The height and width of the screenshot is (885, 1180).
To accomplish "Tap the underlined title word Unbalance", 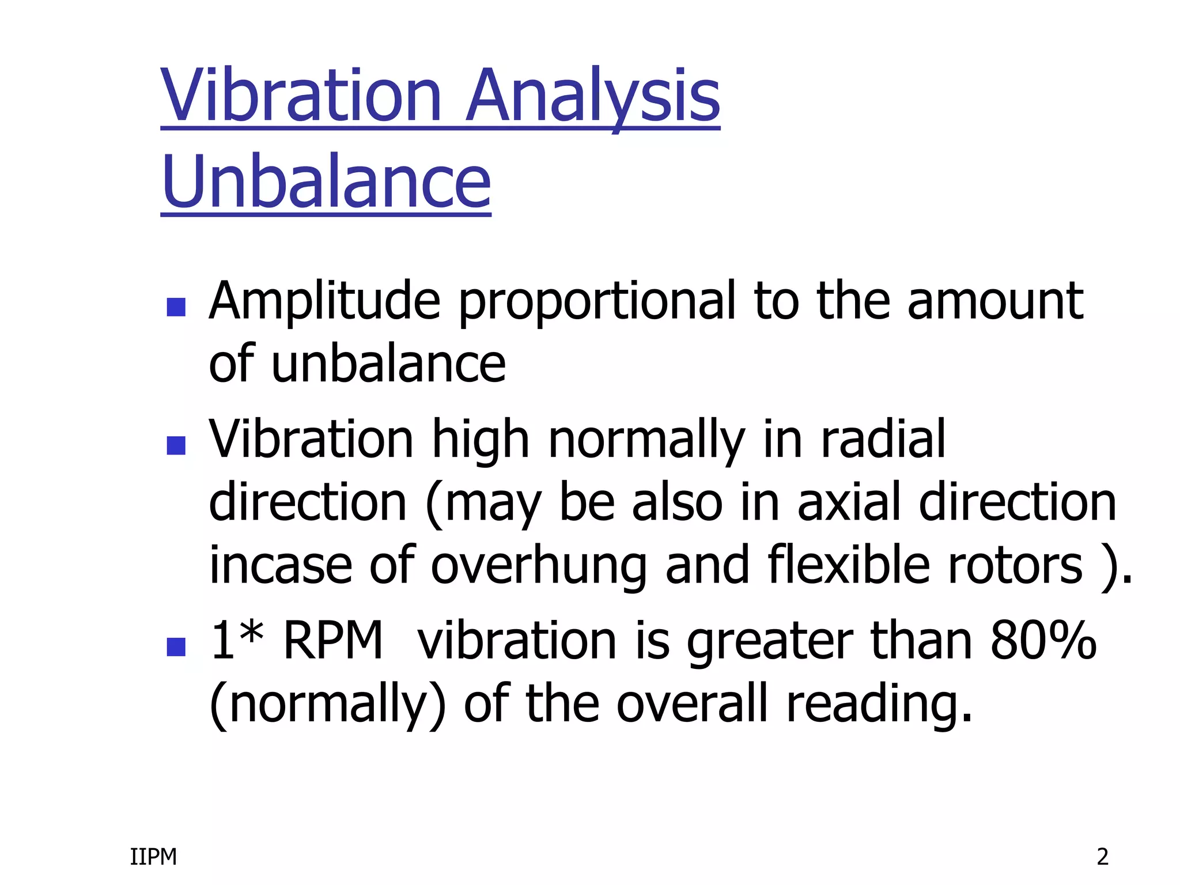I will point(326,183).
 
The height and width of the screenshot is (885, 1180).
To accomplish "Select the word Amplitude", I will point(324,302).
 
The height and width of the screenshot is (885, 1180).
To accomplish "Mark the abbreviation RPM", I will point(333,641).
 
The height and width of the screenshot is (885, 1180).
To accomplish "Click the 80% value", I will point(1043,641).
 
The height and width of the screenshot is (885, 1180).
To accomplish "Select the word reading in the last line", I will point(879,704).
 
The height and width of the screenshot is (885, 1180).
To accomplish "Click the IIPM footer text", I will point(153,857).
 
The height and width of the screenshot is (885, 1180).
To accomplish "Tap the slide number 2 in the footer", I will point(1102,857).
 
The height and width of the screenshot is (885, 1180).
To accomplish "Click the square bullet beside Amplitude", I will point(176,307).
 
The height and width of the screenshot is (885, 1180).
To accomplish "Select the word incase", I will point(281,566).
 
